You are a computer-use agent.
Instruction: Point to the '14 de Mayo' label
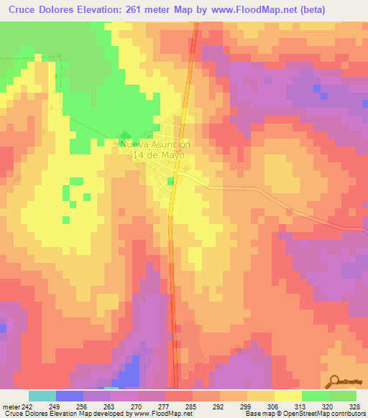[158, 154]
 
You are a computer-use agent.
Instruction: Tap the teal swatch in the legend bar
[42, 396]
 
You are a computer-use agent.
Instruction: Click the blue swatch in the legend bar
[70, 396]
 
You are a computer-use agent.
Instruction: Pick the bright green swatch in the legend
[315, 396]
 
